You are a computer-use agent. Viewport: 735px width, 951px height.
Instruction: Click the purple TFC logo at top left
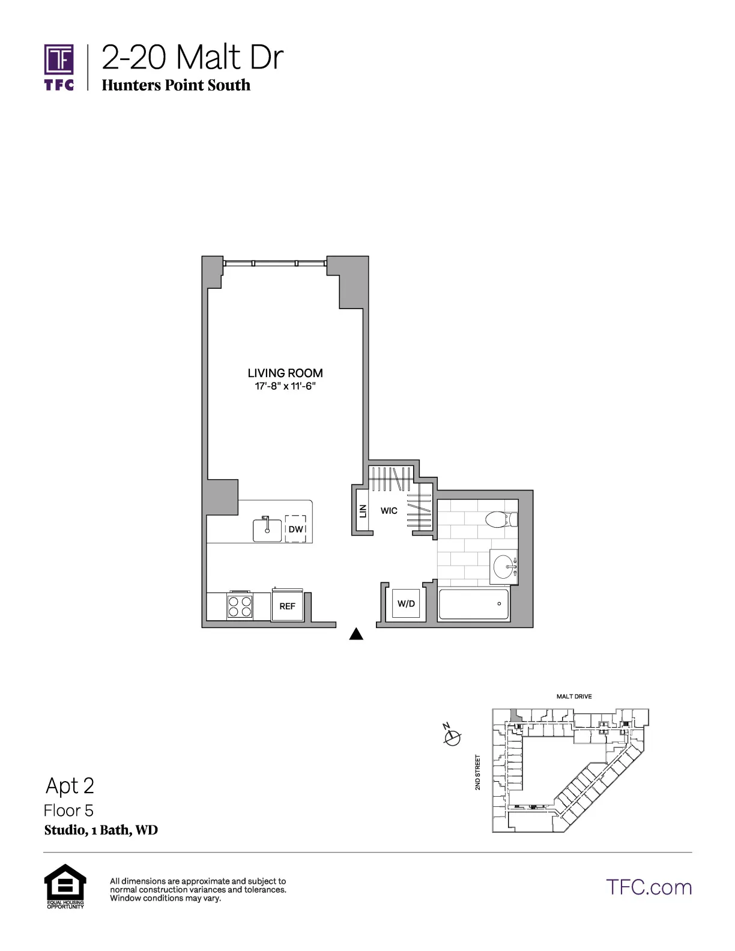pos(59,67)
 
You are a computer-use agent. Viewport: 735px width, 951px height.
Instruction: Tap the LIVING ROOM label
pos(285,373)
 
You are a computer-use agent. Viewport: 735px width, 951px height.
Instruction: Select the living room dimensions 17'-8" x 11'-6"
pos(285,387)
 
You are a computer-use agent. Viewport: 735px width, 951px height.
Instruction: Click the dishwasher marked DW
pos(295,529)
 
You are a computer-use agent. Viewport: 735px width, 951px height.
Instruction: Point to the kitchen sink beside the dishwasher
pos(267,530)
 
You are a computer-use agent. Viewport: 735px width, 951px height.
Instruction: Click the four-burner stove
pos(239,606)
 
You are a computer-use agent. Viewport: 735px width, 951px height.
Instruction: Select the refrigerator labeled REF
pos(288,606)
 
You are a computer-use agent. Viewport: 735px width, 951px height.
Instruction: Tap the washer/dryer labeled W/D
pos(406,603)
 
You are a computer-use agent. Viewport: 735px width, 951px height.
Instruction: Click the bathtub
pos(474,604)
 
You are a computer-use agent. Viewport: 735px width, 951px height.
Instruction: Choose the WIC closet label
pos(389,511)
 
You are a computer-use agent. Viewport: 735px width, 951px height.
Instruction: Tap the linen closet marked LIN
pos(363,511)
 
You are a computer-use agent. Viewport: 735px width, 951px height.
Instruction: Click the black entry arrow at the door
pos(356,634)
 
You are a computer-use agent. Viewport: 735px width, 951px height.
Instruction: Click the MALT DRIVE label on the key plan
pos(574,696)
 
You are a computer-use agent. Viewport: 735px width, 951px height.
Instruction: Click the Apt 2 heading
pos(70,786)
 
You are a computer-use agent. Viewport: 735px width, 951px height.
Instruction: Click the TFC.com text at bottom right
pos(649,887)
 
